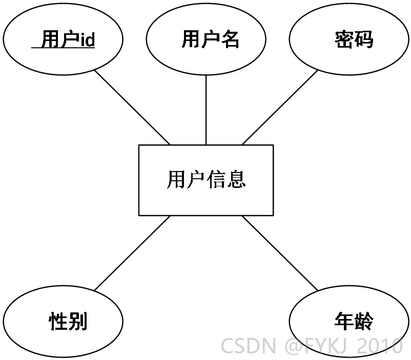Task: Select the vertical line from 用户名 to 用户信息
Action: [206, 110]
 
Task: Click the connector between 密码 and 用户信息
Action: [280, 108]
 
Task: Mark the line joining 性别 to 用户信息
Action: [132, 253]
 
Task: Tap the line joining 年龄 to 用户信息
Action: [280, 253]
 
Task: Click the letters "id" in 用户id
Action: [87, 39]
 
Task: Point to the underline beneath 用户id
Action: [63, 48]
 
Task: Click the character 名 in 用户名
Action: [230, 39]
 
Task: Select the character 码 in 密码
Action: [363, 39]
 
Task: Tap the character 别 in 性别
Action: [77, 321]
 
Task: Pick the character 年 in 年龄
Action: [344, 321]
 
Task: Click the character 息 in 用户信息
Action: [236, 179]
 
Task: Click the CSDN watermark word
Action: [248, 346]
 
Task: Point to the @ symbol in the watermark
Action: [294, 346]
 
